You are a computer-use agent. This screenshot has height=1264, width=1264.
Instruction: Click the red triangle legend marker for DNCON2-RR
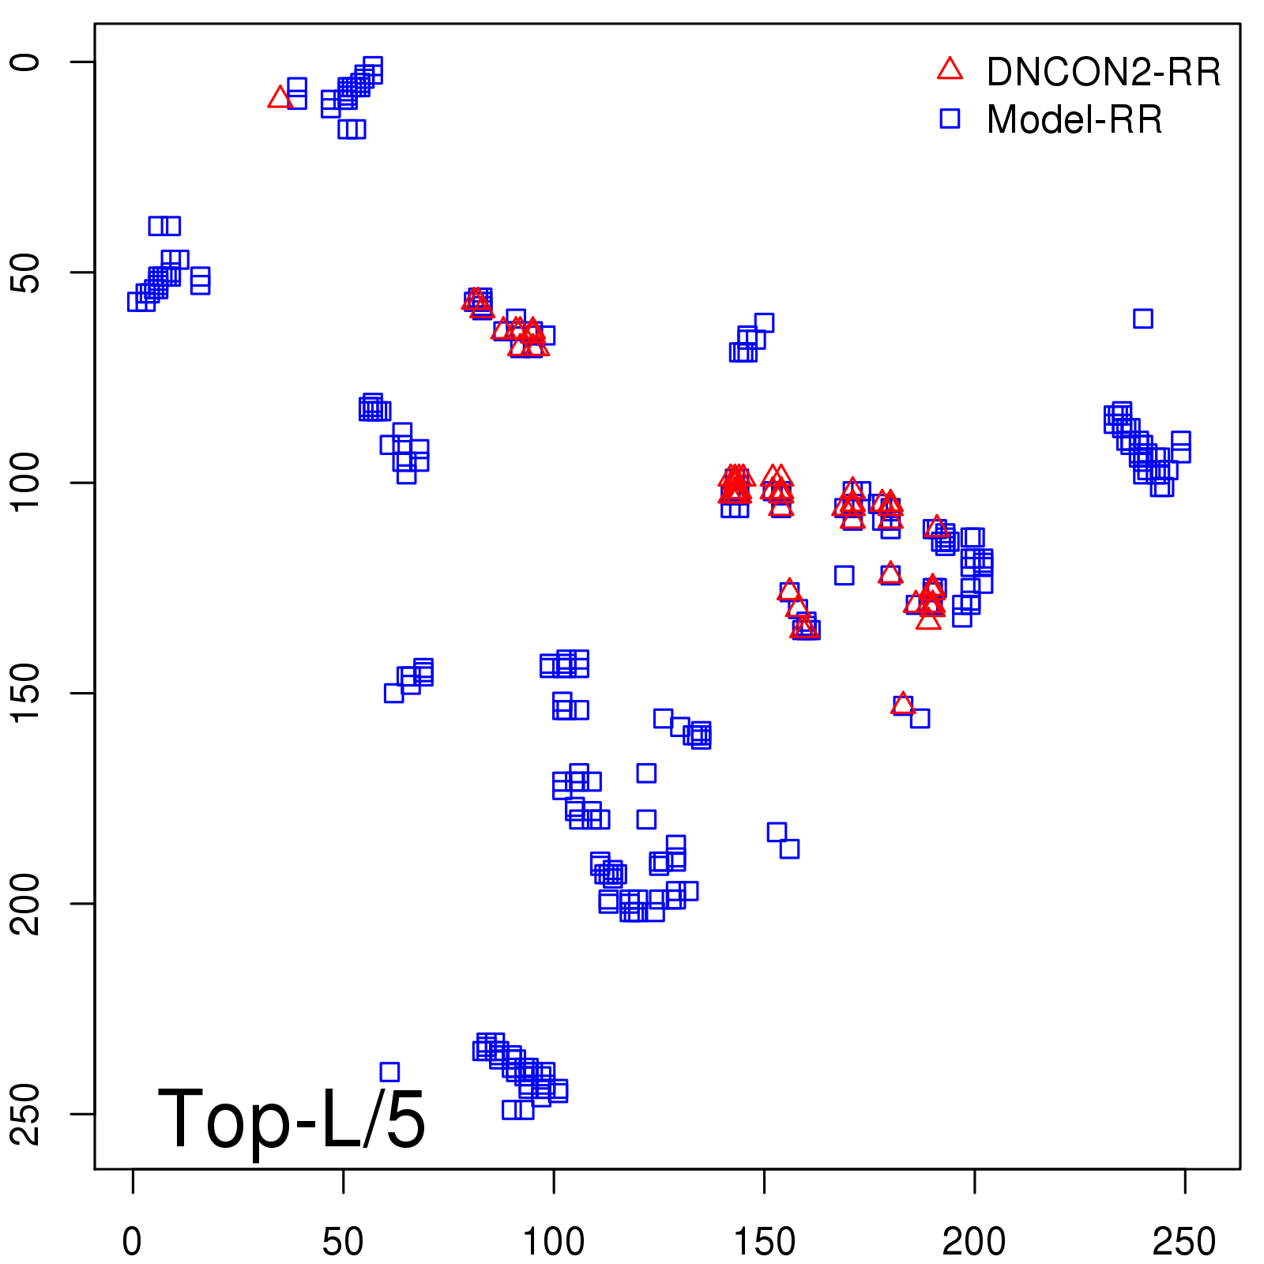click(950, 70)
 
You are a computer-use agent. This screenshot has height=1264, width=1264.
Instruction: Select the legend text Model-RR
click(1074, 120)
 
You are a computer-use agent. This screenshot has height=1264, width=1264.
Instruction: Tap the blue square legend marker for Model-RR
click(950, 118)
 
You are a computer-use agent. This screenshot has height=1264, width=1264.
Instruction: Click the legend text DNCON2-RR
click(1103, 73)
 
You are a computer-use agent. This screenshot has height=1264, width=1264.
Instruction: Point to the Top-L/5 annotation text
click(292, 1119)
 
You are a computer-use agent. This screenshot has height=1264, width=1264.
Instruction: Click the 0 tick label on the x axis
click(133, 1242)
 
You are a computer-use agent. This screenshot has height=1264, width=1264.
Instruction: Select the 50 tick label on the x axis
click(343, 1242)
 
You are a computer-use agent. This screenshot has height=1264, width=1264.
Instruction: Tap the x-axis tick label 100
click(554, 1242)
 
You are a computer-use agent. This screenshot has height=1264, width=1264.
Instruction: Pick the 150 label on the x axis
click(764, 1242)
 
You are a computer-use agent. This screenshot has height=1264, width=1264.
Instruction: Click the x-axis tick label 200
click(974, 1242)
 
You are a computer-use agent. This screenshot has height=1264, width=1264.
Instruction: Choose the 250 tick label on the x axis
click(1184, 1242)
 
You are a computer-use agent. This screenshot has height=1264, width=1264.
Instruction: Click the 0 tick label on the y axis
click(27, 62)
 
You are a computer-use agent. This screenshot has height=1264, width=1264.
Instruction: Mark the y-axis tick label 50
click(27, 273)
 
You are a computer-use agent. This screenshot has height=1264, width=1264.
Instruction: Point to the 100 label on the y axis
click(27, 483)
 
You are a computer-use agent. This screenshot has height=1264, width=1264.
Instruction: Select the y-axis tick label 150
click(27, 693)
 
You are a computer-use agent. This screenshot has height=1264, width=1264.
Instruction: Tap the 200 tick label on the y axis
click(27, 903)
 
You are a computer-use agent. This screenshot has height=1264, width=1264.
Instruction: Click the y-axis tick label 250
click(27, 1113)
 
